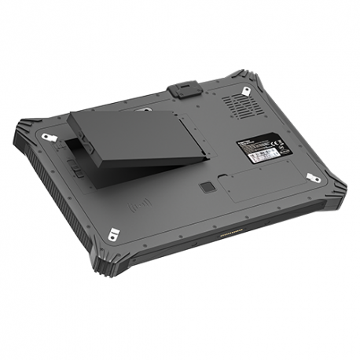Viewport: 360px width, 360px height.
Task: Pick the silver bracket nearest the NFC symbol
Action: [114, 233]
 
